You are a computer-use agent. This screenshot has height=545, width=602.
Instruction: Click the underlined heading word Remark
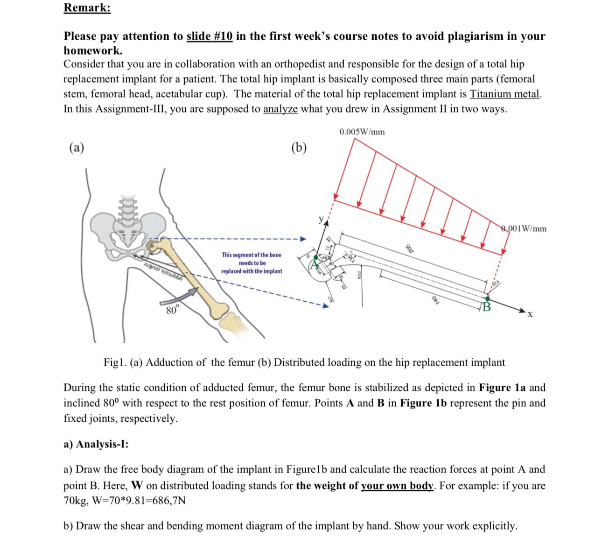87,8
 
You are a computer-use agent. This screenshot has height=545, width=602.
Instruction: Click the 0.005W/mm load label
362,132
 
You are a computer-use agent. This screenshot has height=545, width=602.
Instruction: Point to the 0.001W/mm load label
524,228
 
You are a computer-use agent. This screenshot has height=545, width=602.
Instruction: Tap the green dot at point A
316,257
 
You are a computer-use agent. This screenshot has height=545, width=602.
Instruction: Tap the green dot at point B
488,298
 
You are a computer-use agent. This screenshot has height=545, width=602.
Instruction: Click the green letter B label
487,307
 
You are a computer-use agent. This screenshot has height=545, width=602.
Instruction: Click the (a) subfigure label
77,148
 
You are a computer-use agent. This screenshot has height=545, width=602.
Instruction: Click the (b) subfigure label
299,148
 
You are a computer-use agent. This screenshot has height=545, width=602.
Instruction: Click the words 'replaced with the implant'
252,271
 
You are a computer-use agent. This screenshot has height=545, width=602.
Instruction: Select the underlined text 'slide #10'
210,36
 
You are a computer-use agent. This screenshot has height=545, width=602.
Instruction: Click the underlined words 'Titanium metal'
505,94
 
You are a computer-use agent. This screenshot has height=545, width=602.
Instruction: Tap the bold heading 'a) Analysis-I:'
96,444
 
